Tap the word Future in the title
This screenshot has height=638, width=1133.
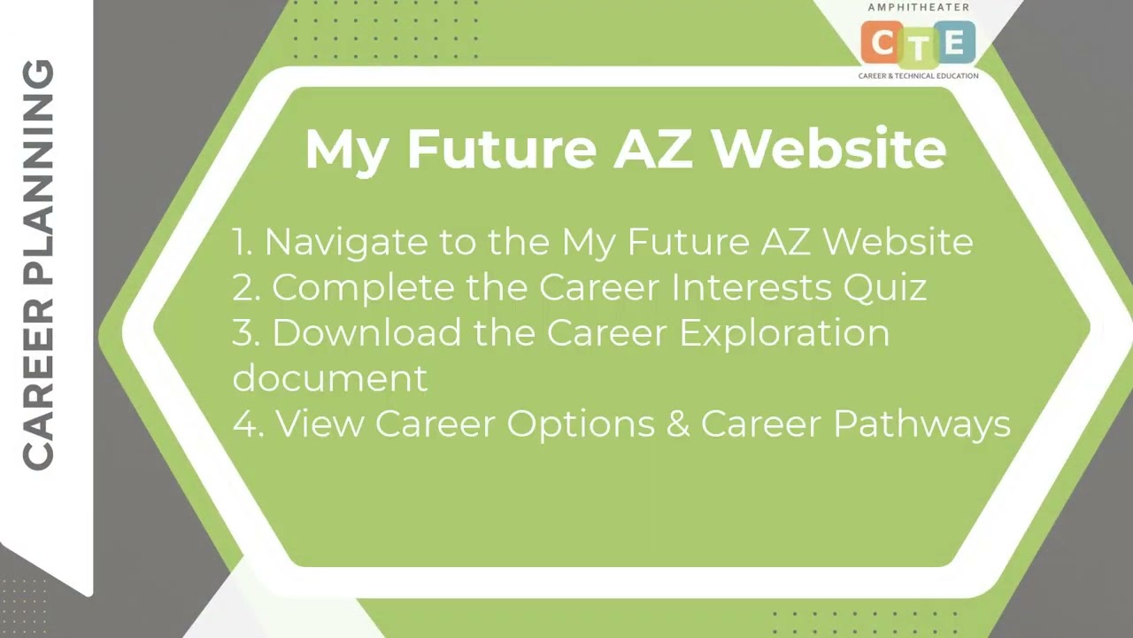(501, 149)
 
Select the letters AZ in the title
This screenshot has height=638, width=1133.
(654, 149)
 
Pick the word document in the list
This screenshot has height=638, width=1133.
(329, 378)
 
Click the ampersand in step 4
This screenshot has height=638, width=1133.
(678, 424)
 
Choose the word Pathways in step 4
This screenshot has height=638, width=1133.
(921, 424)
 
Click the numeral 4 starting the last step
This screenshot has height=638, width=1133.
(244, 424)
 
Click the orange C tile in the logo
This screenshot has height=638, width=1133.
(882, 43)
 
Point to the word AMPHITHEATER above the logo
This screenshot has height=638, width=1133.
(918, 7)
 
